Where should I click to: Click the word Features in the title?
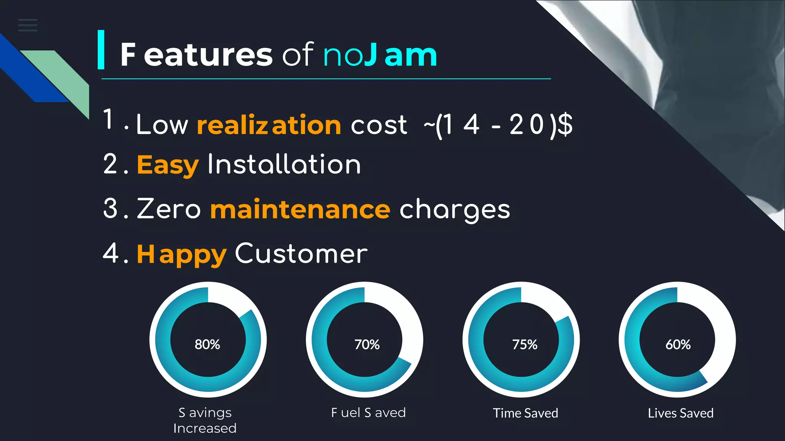[x=196, y=55]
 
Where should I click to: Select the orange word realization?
[x=269, y=125]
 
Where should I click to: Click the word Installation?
[x=284, y=165]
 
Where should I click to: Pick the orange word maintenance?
[x=300, y=209]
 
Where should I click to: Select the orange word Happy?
[x=182, y=254]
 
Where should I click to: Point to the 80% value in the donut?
[x=207, y=345]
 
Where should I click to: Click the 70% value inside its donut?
[x=367, y=345]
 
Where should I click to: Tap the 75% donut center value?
[x=525, y=345]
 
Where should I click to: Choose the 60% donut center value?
[x=678, y=345]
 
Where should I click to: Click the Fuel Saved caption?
[x=368, y=413]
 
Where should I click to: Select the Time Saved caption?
[x=526, y=413]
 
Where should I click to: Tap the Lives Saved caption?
[x=681, y=413]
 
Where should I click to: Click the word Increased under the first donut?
[x=205, y=428]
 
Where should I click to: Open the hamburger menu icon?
[x=28, y=25]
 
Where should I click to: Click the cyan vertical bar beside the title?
[x=101, y=50]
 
